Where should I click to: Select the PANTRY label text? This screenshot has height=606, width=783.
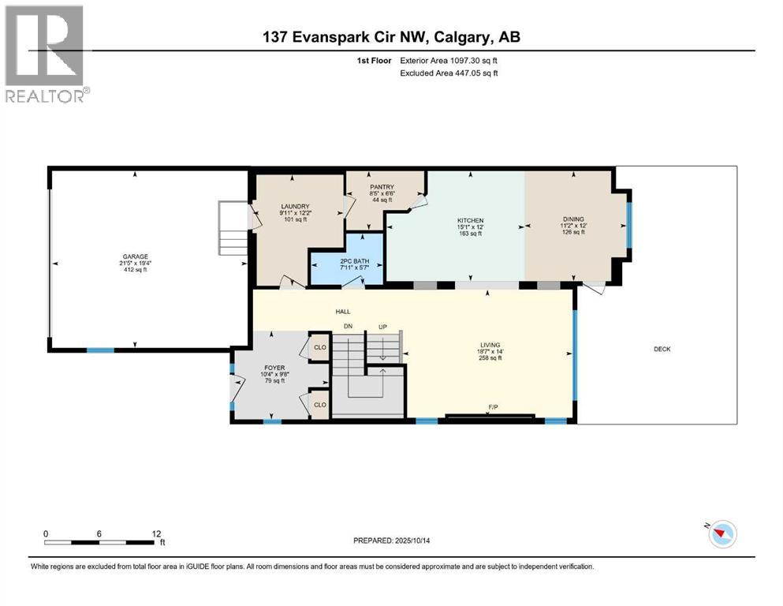[382, 187]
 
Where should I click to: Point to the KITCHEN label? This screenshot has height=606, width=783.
[470, 220]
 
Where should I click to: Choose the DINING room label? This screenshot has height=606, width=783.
[573, 220]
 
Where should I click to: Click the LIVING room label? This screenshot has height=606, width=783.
[490, 345]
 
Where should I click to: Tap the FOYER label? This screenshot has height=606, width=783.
[273, 368]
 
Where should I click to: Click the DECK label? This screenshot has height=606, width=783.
[662, 349]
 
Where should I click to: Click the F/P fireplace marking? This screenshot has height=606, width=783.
[493, 407]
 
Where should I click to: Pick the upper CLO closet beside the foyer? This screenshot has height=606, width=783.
[320, 346]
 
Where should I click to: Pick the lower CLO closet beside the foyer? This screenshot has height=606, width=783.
[320, 404]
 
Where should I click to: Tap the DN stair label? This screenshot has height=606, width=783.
[347, 326]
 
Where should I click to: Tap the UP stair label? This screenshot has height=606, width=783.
[382, 326]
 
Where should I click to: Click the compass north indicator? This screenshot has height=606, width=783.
[721, 534]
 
